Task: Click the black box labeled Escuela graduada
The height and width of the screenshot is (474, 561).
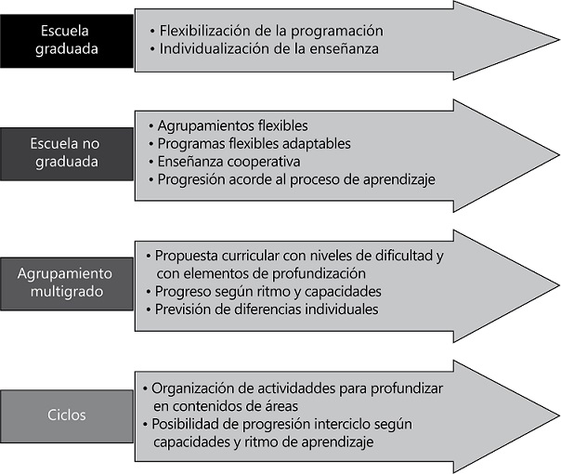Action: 66,40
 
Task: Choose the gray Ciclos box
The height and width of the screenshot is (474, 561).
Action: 66,415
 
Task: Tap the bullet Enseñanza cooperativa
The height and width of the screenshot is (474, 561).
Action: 229,161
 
